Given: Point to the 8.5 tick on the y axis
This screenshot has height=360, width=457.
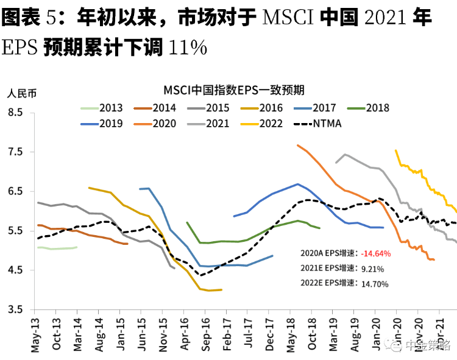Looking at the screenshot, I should click(14, 113).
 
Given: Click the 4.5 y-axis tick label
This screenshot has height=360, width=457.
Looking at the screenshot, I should click(14, 270).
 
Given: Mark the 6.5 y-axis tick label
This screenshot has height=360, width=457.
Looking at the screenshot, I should click(14, 191).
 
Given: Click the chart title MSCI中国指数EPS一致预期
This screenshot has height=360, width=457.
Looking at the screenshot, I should click(233, 90).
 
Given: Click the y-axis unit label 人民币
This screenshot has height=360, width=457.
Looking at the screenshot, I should click(22, 94).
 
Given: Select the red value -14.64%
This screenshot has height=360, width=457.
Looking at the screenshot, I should click(376, 253).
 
